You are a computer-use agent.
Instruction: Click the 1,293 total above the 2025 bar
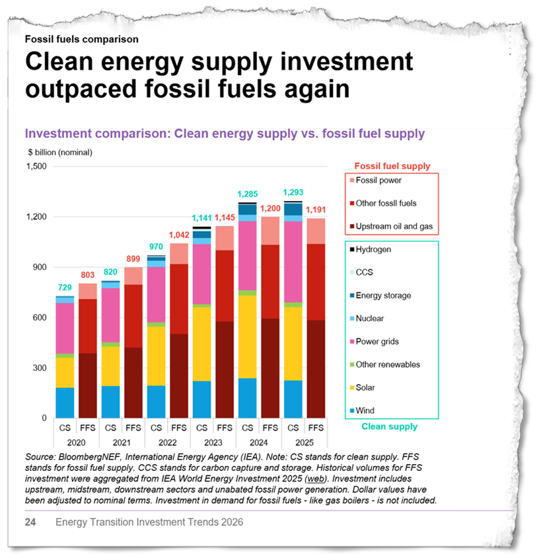click(x=293, y=193)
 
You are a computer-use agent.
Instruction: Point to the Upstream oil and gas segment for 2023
click(x=225, y=370)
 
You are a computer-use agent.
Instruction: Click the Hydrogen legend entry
click(x=374, y=250)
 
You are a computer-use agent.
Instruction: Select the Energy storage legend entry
click(x=384, y=296)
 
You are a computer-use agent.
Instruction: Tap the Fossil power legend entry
click(x=378, y=180)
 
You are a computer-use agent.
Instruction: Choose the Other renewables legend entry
click(x=388, y=364)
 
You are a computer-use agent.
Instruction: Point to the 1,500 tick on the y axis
click(x=36, y=167)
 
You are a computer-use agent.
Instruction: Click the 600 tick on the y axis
click(x=40, y=318)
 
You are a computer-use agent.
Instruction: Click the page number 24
click(x=30, y=522)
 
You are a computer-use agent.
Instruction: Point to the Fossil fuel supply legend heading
click(x=392, y=166)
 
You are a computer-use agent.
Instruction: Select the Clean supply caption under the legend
click(x=389, y=427)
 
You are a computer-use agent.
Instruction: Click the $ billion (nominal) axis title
click(x=60, y=152)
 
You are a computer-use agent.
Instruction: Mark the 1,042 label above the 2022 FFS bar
click(x=178, y=235)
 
